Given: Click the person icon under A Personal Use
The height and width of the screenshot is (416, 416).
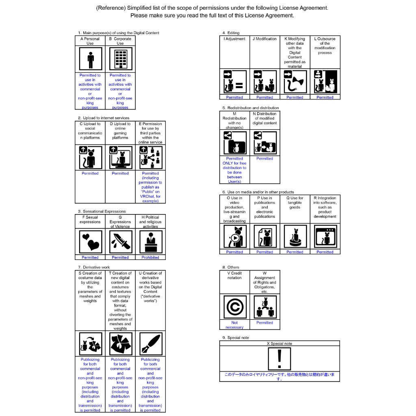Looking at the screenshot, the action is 91,58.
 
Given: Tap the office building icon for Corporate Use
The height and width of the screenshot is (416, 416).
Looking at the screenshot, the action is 121,58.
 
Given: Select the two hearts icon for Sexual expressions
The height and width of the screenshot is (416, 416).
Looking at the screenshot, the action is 91,242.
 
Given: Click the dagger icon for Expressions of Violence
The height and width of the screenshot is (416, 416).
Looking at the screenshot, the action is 121,242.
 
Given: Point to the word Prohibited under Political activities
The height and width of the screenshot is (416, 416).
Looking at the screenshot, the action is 150,257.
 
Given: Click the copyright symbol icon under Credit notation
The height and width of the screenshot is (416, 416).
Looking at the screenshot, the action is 235,307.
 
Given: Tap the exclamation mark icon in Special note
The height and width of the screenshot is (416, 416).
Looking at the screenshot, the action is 279,359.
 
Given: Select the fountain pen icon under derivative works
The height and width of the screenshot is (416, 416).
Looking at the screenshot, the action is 151,344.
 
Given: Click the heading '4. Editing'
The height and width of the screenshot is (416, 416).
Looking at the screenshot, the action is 231,33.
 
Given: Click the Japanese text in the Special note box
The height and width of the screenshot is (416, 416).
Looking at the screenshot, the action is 279,377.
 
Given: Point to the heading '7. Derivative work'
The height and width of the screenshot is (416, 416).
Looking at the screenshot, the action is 94,267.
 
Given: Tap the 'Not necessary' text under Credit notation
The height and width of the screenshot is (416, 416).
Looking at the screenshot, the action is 234,325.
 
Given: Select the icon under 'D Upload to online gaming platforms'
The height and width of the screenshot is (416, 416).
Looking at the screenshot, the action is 121,158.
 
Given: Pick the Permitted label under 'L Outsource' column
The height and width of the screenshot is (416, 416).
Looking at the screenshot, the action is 325,97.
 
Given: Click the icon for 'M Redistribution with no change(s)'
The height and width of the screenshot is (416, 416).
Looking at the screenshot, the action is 235,143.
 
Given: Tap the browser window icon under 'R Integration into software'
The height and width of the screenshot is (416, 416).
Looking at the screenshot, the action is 325,236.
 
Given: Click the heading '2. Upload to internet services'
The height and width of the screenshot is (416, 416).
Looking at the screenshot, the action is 104,118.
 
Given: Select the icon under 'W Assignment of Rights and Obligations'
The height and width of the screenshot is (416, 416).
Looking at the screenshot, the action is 265,307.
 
